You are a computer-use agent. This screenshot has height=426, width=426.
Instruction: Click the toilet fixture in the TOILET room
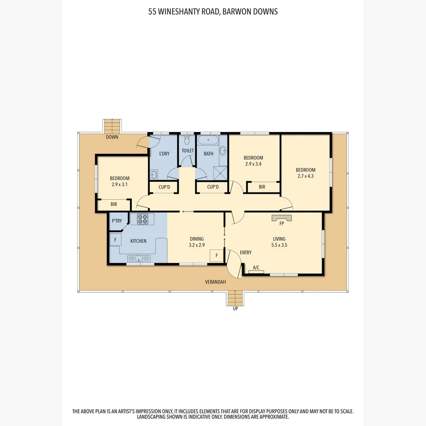(187, 140)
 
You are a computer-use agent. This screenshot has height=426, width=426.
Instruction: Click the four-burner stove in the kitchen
(142, 219)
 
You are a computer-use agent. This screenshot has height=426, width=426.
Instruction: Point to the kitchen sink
(139, 258)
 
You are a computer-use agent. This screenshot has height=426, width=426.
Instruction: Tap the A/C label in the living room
(256, 268)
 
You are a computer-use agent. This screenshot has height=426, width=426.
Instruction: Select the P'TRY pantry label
(117, 221)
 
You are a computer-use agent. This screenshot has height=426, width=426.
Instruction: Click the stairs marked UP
(235, 298)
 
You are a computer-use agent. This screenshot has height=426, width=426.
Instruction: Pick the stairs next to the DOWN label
(112, 126)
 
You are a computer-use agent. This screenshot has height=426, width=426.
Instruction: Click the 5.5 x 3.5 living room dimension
(279, 245)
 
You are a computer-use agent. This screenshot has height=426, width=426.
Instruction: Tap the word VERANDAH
(215, 282)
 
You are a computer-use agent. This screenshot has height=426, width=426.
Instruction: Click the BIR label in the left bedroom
(114, 204)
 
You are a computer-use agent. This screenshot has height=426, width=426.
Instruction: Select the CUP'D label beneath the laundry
(164, 187)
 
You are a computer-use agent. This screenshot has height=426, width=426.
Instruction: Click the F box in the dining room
(216, 256)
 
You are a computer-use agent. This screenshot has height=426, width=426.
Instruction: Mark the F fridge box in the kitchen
(116, 239)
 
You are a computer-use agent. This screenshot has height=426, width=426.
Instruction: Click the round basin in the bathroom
(223, 150)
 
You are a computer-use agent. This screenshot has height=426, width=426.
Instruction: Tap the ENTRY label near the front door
(245, 252)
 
